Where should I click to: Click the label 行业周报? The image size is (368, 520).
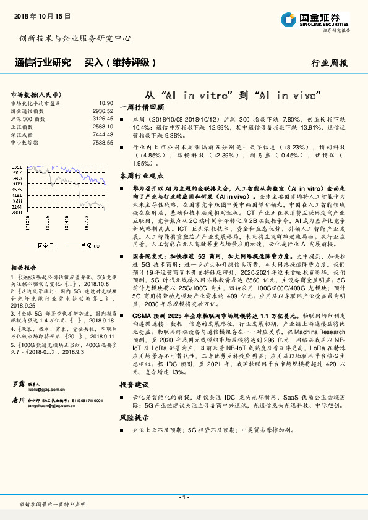point(329,63)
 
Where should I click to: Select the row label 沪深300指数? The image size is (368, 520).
point(28,118)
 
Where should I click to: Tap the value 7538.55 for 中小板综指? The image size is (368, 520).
point(102,142)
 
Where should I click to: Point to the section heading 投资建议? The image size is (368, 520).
point(134,384)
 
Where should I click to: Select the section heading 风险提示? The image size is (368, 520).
point(134,417)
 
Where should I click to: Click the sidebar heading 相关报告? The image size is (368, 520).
point(24,267)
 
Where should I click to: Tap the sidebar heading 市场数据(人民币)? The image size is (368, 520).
point(36,94)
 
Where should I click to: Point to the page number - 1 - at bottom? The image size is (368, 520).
point(184,497)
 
